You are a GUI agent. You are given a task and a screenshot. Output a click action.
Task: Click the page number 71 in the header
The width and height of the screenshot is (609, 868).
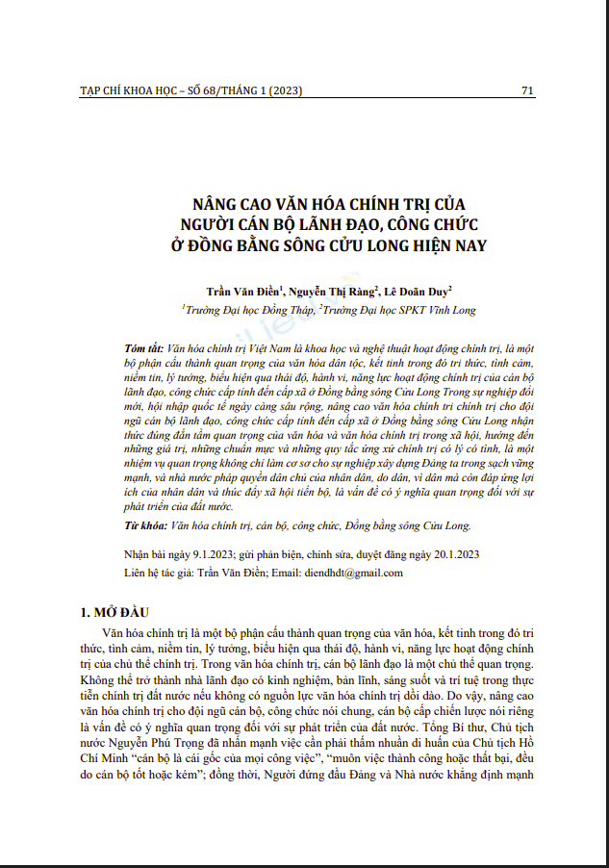coord(526,90)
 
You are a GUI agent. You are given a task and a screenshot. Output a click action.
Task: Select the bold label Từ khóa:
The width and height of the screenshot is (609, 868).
coord(145,527)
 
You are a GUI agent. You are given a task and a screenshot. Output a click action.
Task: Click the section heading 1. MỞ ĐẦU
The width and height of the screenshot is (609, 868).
coord(114,612)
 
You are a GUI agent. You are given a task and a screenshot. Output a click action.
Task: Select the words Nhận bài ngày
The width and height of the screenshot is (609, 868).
coord(158,555)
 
